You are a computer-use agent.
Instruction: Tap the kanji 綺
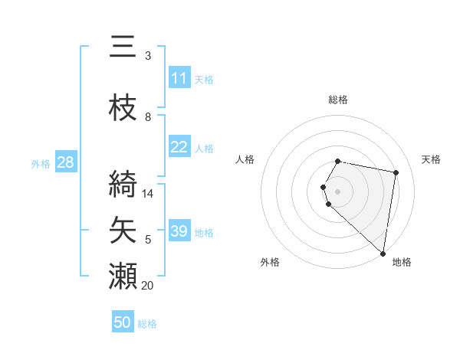click(x=123, y=184)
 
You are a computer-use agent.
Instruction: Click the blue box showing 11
click(x=179, y=78)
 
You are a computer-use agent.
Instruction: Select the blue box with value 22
click(x=179, y=148)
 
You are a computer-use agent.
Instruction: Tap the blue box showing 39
click(x=179, y=231)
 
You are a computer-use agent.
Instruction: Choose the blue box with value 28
click(x=65, y=162)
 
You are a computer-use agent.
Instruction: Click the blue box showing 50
click(x=123, y=322)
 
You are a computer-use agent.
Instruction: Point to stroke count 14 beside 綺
click(x=148, y=194)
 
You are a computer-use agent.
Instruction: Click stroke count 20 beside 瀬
click(x=147, y=286)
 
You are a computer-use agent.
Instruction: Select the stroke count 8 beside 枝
click(x=147, y=117)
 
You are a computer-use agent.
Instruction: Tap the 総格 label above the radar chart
click(x=338, y=100)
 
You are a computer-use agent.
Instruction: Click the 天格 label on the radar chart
click(x=431, y=159)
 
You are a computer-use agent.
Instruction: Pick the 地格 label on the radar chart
click(x=402, y=262)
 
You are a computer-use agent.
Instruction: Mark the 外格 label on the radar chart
click(x=270, y=262)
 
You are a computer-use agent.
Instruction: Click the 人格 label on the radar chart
click(x=245, y=159)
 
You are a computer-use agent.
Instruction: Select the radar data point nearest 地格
click(x=382, y=252)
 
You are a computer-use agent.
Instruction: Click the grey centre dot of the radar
click(x=338, y=190)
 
